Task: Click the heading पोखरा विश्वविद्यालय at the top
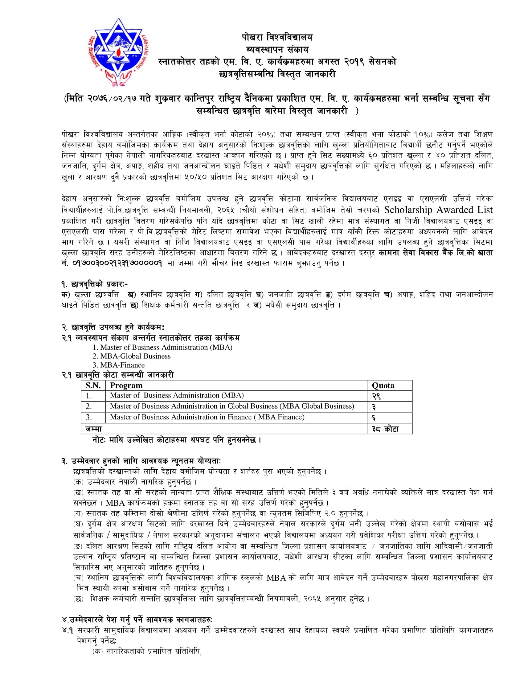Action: (x=277, y=38)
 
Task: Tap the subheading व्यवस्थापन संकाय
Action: (x=277, y=50)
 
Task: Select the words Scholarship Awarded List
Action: (x=438, y=210)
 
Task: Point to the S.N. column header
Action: (x=93, y=386)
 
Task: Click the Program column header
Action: (x=126, y=386)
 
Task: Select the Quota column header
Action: (x=383, y=386)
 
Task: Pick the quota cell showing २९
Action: (x=376, y=396)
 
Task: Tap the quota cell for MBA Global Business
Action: (x=375, y=407)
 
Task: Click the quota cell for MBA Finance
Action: (x=375, y=418)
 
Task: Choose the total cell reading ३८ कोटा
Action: (x=385, y=429)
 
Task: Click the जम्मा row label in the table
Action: (x=94, y=429)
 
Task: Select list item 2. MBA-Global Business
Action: (x=132, y=356)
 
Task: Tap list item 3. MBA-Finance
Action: (x=119, y=365)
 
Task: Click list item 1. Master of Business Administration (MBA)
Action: (x=162, y=347)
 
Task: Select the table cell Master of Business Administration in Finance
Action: (x=207, y=417)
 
